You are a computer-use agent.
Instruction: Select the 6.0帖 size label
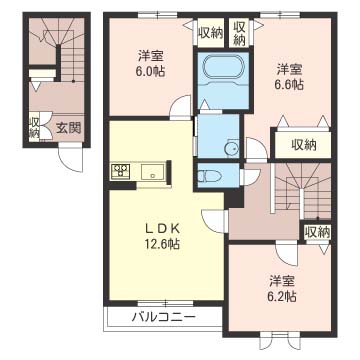pyautogui.click(x=152, y=72)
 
